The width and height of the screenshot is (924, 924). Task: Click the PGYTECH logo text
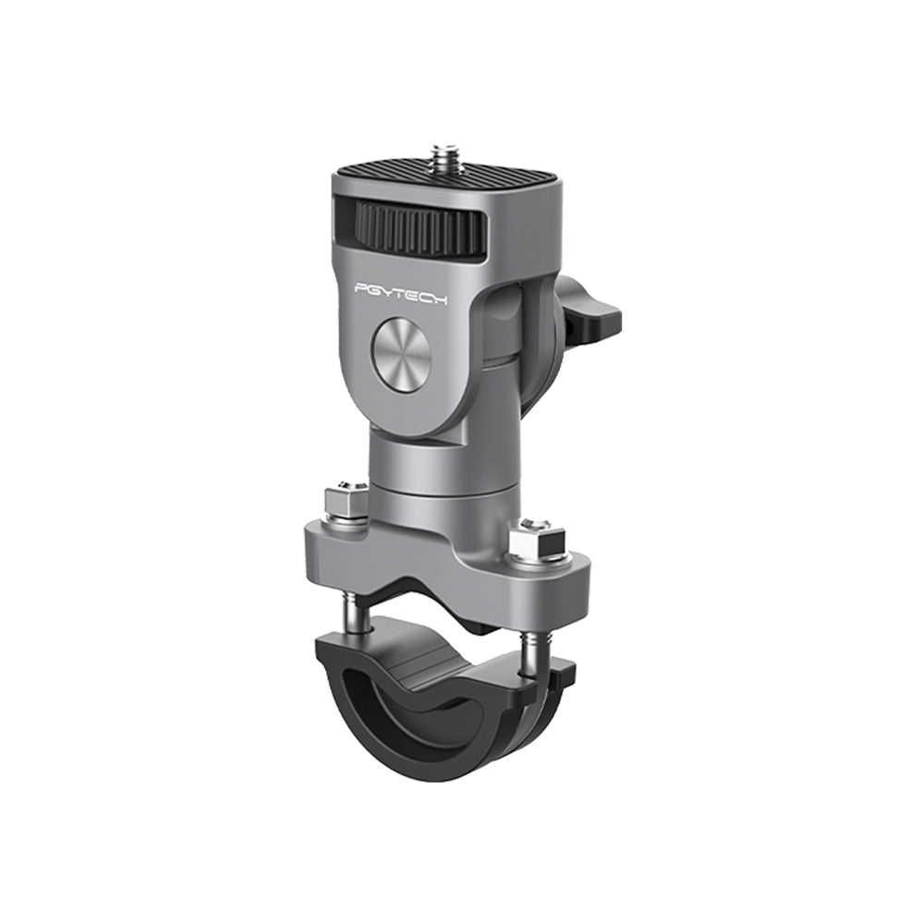pos(401,288)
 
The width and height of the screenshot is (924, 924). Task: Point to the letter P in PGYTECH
pos(361,289)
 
